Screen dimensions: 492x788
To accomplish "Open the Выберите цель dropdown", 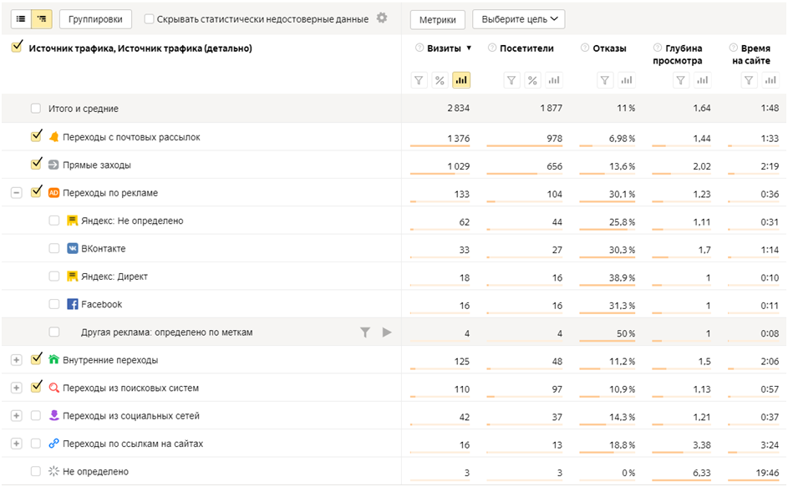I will tap(518, 19).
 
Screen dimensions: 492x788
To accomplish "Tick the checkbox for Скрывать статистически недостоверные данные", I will tap(149, 19).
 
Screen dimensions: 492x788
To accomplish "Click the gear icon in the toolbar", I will tap(382, 18).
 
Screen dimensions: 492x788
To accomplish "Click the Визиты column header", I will tap(444, 48).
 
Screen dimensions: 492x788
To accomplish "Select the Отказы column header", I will tap(608, 48).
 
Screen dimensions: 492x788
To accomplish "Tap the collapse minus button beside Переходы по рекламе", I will tap(16, 193).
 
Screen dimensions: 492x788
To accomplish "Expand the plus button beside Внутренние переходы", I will tap(16, 360).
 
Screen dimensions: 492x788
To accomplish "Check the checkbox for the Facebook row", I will tap(54, 304).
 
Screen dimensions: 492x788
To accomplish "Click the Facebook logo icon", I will tap(73, 304).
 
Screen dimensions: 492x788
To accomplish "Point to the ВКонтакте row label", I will tap(103, 249).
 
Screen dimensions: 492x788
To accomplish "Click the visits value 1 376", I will tap(458, 138).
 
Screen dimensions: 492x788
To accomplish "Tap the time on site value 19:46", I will tap(766, 473).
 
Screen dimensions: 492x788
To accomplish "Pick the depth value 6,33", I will tap(701, 473).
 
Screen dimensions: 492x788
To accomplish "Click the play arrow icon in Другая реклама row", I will tap(386, 332).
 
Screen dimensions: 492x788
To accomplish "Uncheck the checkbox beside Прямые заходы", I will tap(36, 165).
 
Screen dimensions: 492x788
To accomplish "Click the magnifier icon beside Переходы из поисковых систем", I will tap(54, 388).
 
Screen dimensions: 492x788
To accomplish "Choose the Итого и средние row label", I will tap(84, 109).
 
